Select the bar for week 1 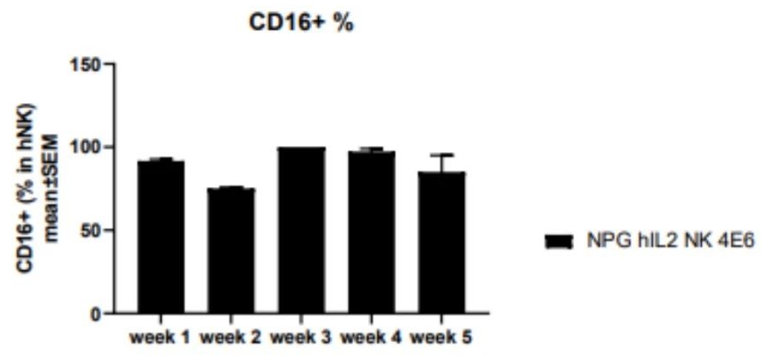[x=160, y=236]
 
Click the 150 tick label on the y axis [x=89, y=64]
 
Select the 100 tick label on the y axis [x=89, y=147]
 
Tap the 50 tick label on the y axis [x=94, y=231]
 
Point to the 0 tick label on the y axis [x=98, y=314]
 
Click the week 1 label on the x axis [x=160, y=336]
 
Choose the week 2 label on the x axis [x=230, y=336]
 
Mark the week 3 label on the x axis [x=301, y=336]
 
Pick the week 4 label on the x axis [x=371, y=336]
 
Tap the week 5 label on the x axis [x=440, y=336]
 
